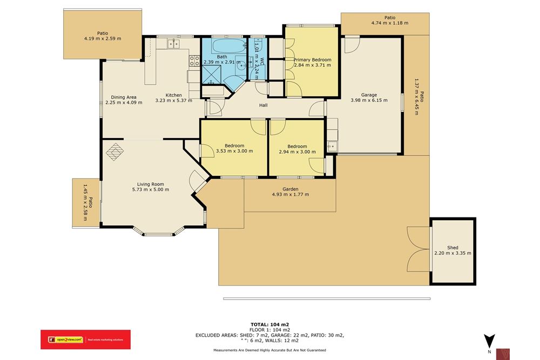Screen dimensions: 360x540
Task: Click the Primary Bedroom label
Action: coord(312,60)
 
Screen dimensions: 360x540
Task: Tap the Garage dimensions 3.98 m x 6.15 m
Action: coord(369,100)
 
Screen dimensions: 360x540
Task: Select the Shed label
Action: coord(452,248)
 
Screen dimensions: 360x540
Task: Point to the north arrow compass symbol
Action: coord(489,342)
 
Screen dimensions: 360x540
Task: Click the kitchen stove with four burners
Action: coord(194,60)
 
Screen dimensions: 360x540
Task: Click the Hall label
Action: coord(263,105)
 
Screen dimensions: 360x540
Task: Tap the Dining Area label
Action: coord(120,98)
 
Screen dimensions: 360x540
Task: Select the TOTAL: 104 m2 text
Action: coord(269,324)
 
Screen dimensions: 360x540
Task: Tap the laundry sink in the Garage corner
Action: coord(332,146)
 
